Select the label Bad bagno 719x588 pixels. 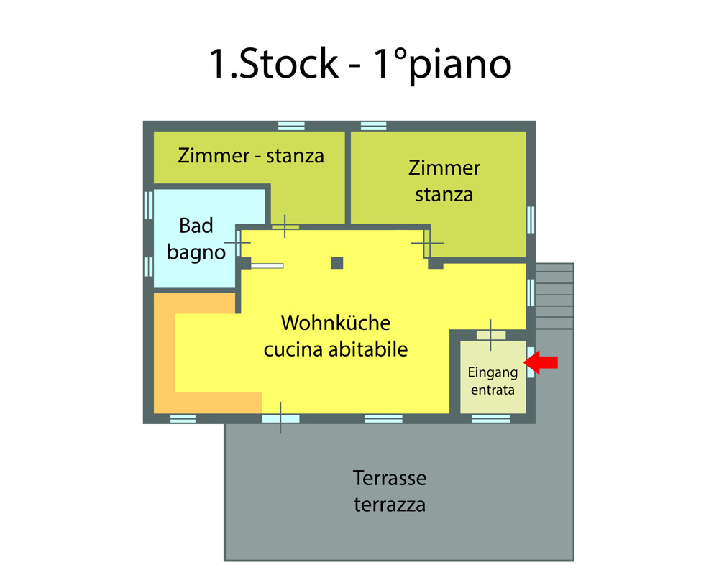tap(196, 239)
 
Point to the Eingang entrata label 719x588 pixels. tap(493, 382)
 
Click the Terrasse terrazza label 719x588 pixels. tap(390, 491)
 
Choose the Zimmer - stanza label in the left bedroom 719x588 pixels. tap(251, 155)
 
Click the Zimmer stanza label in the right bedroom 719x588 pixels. tap(444, 181)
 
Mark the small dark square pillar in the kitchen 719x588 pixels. tap(337, 263)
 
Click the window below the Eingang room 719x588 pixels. tap(491, 418)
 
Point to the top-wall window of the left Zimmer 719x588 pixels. tap(291, 126)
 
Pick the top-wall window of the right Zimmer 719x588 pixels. tap(373, 126)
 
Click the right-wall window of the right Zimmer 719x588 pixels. tap(531, 219)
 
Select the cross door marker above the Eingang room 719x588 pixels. tap(491, 334)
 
